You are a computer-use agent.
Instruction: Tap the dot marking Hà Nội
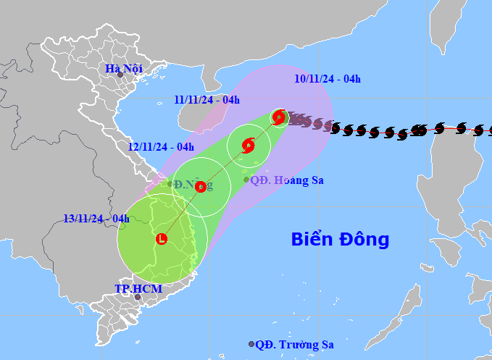pyautogui.click(x=120, y=75)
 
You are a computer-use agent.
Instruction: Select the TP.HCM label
pyautogui.click(x=138, y=288)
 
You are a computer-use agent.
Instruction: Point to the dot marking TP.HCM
pyautogui.click(x=137, y=297)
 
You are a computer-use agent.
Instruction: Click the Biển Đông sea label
pyautogui.click(x=340, y=239)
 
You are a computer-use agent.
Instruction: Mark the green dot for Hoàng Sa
pyautogui.click(x=246, y=179)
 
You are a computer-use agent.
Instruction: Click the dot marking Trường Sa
pyautogui.click(x=251, y=345)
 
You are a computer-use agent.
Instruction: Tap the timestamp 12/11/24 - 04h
pyautogui.click(x=161, y=146)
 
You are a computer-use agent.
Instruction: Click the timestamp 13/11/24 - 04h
pyautogui.click(x=96, y=218)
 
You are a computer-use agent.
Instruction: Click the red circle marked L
pyautogui.click(x=162, y=238)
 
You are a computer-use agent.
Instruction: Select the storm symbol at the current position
pyautogui.click(x=279, y=116)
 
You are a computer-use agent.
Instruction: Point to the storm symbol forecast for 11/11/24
pyautogui.click(x=249, y=145)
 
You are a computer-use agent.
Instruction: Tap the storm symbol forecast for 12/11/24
pyautogui.click(x=201, y=187)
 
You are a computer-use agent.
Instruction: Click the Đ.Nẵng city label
pyautogui.click(x=193, y=185)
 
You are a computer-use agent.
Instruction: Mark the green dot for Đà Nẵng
pyautogui.click(x=170, y=184)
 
